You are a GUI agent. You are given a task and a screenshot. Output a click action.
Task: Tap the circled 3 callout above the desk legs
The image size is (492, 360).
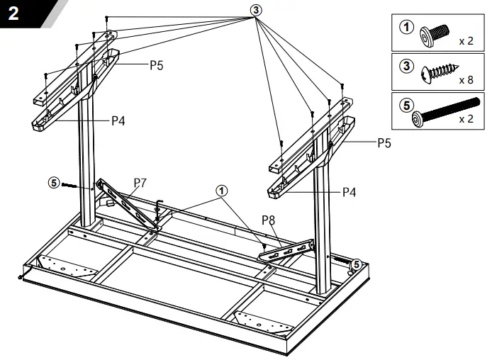(256, 10)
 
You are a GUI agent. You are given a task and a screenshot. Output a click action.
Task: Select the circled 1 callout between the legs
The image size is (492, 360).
(223, 191)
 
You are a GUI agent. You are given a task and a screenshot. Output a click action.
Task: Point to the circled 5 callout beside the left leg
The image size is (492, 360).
(53, 181)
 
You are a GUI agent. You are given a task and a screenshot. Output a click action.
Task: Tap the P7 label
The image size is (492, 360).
(140, 183)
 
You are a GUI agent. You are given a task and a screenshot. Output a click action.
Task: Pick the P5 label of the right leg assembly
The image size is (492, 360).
(384, 142)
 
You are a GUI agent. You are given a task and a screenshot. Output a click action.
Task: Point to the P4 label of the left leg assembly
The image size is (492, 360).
(118, 120)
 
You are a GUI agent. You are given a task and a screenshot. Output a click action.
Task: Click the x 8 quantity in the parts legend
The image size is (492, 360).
(466, 80)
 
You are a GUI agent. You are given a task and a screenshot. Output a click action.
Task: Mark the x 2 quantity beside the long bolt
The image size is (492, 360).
(466, 119)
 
